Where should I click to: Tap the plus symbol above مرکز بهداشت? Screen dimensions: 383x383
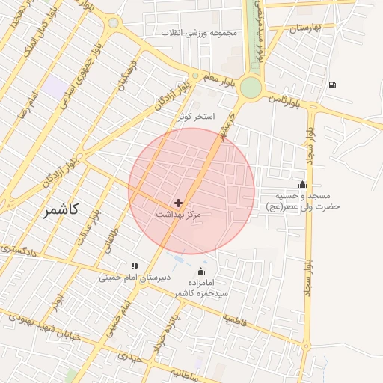click(178, 203)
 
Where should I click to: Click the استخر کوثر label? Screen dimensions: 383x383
click(197, 117)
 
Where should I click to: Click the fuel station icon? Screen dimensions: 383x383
click(332, 84)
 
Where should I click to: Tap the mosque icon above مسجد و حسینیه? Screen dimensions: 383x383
click(302, 184)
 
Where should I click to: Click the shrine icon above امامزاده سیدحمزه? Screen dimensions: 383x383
click(200, 271)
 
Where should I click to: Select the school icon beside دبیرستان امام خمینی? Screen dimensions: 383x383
click(135, 265)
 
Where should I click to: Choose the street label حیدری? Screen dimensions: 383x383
click(130, 358)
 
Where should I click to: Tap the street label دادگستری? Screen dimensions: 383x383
click(14, 251)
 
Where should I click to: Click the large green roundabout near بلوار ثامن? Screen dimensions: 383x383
click(251, 87)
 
